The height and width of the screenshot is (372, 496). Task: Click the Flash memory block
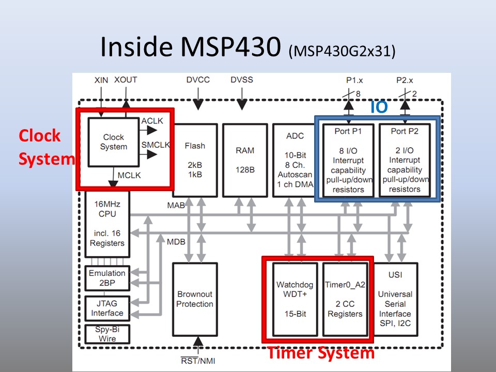click(195, 160)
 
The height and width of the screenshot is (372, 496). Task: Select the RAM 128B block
click(245, 160)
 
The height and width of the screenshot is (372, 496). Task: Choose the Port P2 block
click(405, 160)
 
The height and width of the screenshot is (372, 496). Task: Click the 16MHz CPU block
click(107, 224)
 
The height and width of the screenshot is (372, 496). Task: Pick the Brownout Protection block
click(194, 299)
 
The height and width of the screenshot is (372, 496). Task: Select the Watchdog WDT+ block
click(295, 299)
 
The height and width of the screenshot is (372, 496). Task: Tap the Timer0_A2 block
click(345, 299)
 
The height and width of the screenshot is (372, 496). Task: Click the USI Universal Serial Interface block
click(395, 299)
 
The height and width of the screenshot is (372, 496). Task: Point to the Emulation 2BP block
click(107, 278)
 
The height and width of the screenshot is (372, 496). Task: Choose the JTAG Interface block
click(107, 308)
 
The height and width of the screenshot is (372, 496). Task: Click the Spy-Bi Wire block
click(107, 334)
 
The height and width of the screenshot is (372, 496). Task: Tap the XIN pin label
click(102, 80)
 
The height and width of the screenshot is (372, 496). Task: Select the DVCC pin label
click(198, 80)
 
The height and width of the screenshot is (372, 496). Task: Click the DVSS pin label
click(242, 80)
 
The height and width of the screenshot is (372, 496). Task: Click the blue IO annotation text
click(379, 107)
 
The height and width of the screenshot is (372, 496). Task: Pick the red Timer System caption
click(320, 353)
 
